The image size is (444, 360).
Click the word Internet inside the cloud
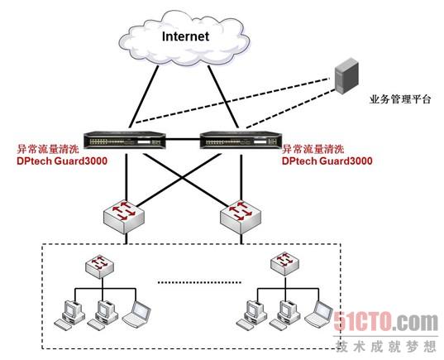185,36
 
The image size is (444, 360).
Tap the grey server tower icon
346,75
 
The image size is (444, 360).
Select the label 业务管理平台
400,99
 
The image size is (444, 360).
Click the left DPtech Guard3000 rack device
125,140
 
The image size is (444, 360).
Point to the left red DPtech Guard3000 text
62,161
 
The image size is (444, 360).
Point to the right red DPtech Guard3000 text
327,161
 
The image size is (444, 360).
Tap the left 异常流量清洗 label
48,148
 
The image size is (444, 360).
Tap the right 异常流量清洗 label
313,148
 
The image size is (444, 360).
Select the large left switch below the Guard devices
124,217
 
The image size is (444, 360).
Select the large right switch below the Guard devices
241,217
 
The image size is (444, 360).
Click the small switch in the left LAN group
100,266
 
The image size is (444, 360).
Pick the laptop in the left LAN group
136,314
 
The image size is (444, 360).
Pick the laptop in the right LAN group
319,314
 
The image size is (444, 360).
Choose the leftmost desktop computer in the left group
69,315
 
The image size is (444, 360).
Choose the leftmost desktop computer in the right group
251,315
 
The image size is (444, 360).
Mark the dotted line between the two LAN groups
199,282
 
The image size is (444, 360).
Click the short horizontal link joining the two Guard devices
183,139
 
